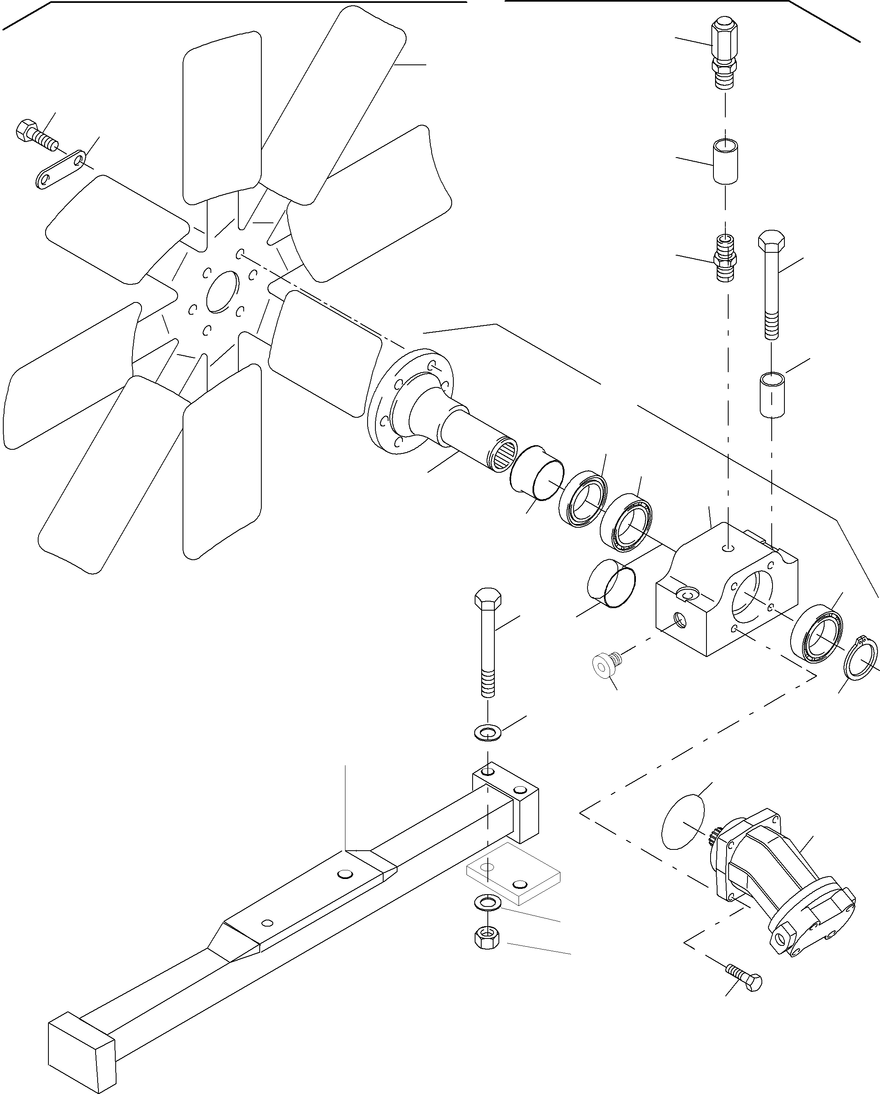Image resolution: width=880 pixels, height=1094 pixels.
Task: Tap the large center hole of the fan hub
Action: pyautogui.click(x=222, y=292)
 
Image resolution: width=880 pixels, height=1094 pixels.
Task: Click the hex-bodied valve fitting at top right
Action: pyautogui.click(x=724, y=51)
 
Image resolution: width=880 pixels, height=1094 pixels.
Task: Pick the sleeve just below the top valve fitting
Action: pyautogui.click(x=725, y=162)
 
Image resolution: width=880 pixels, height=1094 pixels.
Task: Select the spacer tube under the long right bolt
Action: pyautogui.click(x=771, y=394)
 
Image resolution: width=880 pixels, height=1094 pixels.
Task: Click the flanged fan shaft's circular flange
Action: pyautogui.click(x=401, y=401)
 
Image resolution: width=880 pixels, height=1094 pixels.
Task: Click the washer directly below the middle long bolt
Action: pyautogui.click(x=487, y=732)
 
